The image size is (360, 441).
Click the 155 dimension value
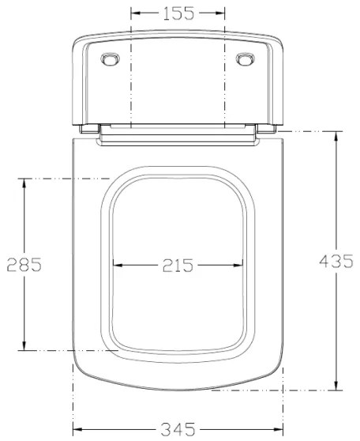tap(178, 13)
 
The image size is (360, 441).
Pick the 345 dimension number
tap(178, 430)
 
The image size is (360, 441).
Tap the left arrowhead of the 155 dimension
tap(135, 13)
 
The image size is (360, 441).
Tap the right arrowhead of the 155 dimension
tap(221, 13)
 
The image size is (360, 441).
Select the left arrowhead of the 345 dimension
tap(77, 430)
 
